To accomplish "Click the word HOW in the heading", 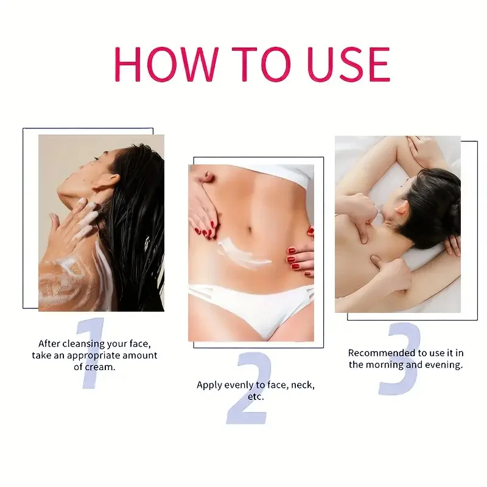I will [162, 63].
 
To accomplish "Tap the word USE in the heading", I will [348, 63].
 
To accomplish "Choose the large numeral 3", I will [399, 359].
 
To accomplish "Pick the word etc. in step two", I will [256, 396].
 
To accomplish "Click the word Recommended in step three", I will [378, 353].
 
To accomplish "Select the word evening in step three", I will [445, 365].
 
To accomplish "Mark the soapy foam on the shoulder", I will [64, 280].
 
